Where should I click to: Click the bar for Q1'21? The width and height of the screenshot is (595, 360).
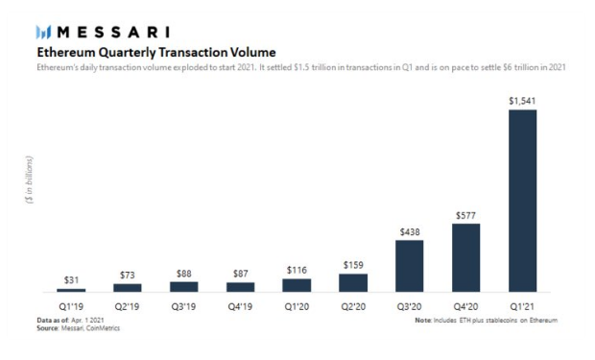522,201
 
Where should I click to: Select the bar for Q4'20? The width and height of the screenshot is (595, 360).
466,258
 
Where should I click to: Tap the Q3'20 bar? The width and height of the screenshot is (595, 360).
410,266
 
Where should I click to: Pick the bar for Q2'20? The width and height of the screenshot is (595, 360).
353,283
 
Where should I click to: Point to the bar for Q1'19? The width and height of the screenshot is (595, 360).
71,290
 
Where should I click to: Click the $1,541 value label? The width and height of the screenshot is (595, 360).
522,101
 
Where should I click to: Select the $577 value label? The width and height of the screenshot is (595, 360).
465,216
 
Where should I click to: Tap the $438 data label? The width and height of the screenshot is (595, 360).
410,232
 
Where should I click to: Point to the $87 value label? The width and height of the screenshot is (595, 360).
241,274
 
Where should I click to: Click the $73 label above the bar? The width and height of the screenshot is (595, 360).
128,275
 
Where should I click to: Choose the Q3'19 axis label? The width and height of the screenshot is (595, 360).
183,306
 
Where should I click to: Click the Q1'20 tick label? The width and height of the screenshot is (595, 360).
297,306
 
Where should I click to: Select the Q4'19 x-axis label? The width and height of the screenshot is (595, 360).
240,306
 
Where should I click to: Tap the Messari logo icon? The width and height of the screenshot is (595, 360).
43,33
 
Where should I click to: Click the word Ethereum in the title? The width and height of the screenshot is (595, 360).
66,52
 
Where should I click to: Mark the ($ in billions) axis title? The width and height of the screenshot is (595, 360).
29,180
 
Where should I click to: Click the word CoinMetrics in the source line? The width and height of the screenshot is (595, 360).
103,328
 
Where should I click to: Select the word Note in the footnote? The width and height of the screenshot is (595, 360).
423,320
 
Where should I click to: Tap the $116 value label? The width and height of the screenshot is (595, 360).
297,270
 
